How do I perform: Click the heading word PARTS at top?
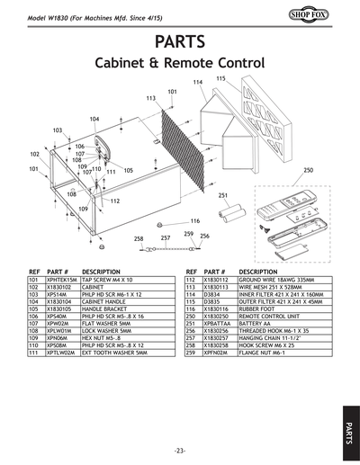(179, 42)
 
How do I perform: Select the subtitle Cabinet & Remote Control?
(179, 66)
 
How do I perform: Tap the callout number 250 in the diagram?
(308, 169)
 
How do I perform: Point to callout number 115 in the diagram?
(220, 79)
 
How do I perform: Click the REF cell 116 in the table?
(190, 309)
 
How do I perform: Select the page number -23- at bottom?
(180, 449)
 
